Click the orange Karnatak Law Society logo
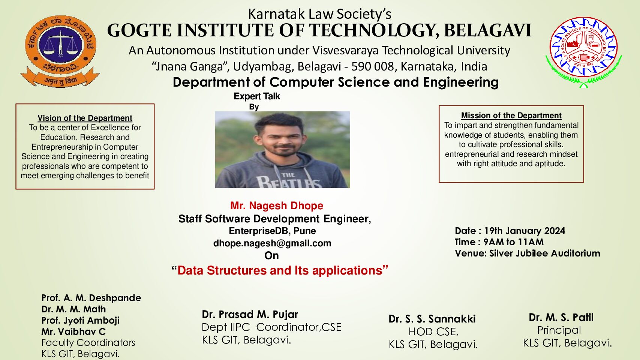click(60, 51)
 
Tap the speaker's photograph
click(283, 149)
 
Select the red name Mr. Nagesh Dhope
click(277, 205)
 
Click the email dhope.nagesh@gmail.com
click(272, 243)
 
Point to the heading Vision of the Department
click(85, 118)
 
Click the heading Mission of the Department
click(511, 115)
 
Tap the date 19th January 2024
click(525, 231)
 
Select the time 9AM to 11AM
click(513, 242)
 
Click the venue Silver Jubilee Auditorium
click(544, 253)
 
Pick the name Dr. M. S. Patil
click(561, 317)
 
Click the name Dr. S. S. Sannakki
click(432, 319)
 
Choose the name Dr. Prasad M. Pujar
click(250, 314)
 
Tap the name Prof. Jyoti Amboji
click(81, 320)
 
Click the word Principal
click(559, 330)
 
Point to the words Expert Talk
click(257, 96)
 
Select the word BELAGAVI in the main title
click(487, 30)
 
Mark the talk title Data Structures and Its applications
click(280, 270)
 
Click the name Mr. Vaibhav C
click(73, 331)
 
